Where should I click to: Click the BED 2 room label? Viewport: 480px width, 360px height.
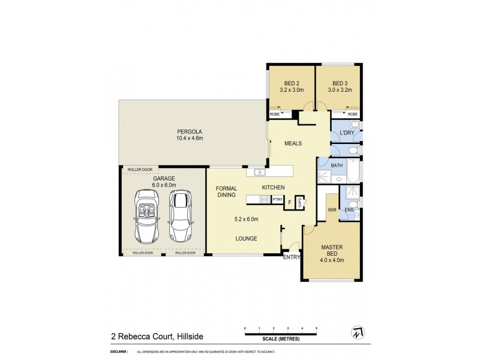tap(289, 83)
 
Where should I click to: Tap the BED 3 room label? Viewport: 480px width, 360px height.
tap(340, 83)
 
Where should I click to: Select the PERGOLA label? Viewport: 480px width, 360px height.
tap(190, 132)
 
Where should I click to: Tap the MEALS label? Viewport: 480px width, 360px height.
tap(293, 143)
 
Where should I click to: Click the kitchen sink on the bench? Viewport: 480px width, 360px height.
tap(260, 173)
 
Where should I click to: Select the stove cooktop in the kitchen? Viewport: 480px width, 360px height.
tap(263, 199)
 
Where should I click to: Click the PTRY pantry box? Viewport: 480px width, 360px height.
tap(278, 199)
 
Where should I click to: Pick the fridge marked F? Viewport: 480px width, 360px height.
tap(290, 203)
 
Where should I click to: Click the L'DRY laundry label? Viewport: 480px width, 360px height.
tap(346, 133)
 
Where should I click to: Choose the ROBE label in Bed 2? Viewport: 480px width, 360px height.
tap(275, 114)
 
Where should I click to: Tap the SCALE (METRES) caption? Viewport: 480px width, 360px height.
tap(281, 340)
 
